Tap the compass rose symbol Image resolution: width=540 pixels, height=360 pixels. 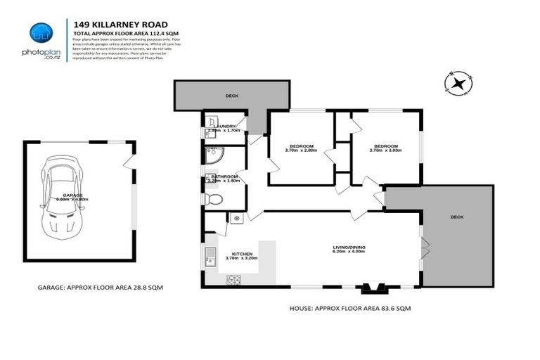458,84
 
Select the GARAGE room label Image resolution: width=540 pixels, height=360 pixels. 72,195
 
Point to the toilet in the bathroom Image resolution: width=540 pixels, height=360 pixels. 214,200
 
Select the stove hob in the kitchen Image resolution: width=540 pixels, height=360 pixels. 233,280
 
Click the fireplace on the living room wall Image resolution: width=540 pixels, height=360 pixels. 372,288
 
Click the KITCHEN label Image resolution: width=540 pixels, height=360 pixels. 242,253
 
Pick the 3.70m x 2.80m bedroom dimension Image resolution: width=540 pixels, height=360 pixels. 301,150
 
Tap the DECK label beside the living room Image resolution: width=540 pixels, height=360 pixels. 457,217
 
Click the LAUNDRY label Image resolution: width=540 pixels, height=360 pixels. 225,126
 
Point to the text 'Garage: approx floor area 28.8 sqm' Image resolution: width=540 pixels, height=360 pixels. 102,288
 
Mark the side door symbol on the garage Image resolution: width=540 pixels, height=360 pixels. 127,163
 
